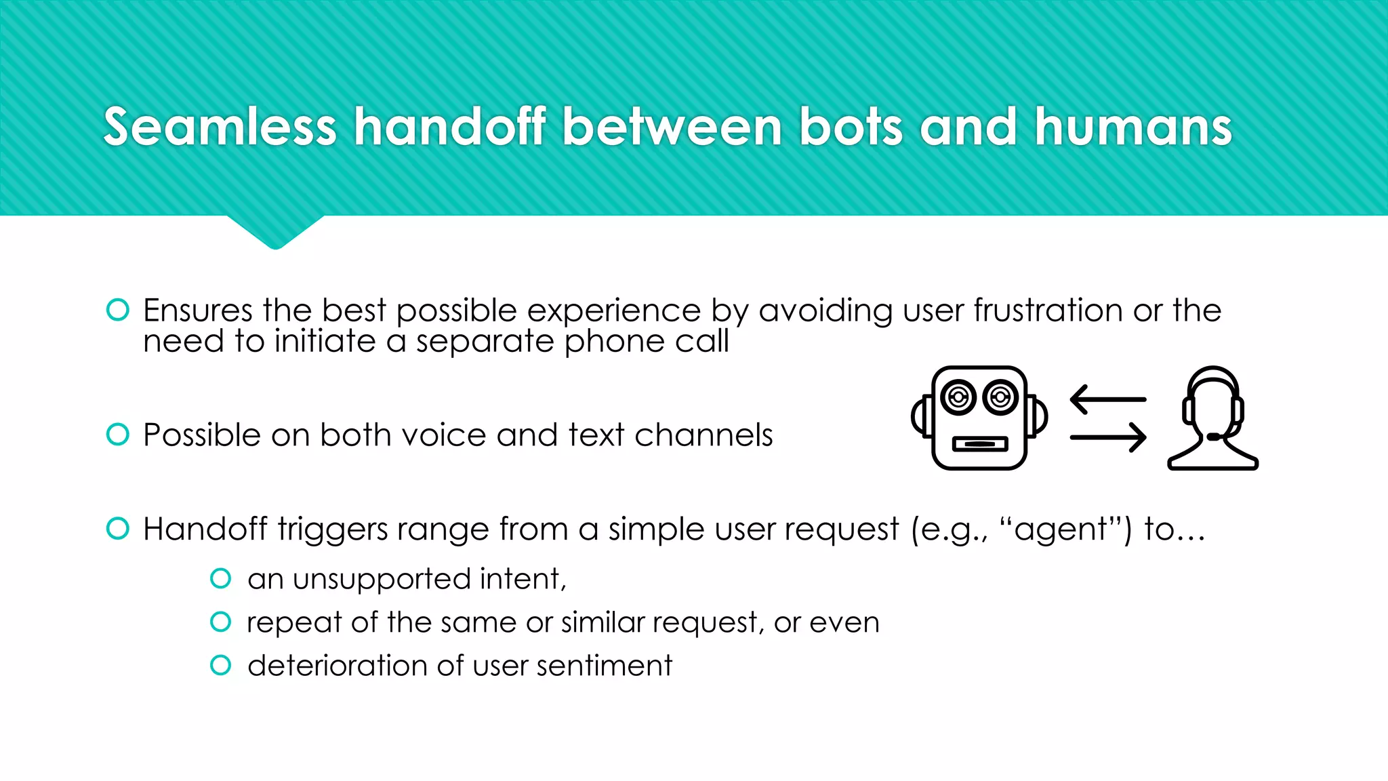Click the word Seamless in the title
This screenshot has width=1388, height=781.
(x=220, y=127)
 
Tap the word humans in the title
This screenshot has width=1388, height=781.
(x=1132, y=127)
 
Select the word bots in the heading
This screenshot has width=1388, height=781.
(x=851, y=127)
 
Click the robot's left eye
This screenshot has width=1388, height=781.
(x=958, y=397)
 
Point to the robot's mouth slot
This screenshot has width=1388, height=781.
(x=979, y=444)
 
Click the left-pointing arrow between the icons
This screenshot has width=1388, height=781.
(x=1107, y=399)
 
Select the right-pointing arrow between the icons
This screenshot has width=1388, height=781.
(x=1107, y=437)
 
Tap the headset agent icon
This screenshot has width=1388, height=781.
(x=1212, y=418)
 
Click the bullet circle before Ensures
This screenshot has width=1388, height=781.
(x=118, y=310)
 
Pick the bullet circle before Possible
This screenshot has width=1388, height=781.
(x=118, y=435)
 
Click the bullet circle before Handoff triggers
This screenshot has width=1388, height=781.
(x=118, y=528)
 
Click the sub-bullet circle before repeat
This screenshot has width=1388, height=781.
(x=221, y=622)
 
